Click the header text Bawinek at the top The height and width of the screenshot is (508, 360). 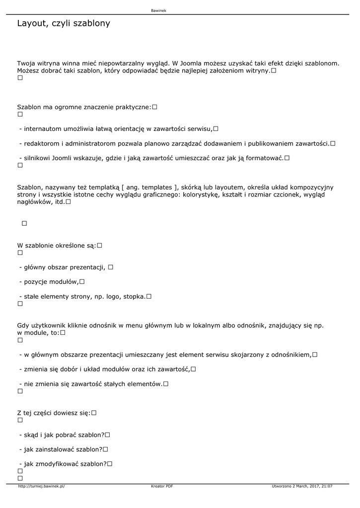pyautogui.click(x=159, y=10)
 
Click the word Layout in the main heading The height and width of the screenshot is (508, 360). pyautogui.click(x=31, y=23)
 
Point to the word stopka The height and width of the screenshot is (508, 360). pyautogui.click(x=134, y=297)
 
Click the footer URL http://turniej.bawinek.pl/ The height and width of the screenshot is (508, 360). pyautogui.click(x=41, y=487)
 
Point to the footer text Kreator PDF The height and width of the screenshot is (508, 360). pyautogui.click(x=162, y=487)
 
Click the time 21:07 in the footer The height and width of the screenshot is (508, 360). pyautogui.click(x=327, y=487)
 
